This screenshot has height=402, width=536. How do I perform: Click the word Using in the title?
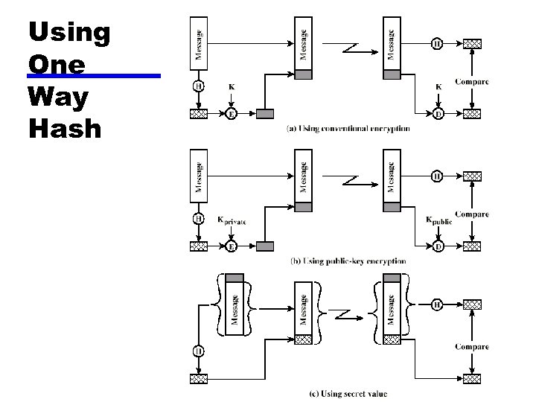[69, 33]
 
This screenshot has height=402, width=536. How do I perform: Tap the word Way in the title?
[58, 97]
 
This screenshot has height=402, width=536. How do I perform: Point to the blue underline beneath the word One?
[93, 76]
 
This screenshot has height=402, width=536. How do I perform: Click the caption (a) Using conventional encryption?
[348, 129]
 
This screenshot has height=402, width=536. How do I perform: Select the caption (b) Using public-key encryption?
[348, 261]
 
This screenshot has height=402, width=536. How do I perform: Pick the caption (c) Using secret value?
[348, 393]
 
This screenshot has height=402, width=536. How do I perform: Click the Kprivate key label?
[231, 221]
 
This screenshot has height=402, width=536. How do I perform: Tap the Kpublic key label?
[438, 220]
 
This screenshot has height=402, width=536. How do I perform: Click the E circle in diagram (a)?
[232, 114]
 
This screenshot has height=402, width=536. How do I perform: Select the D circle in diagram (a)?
[438, 114]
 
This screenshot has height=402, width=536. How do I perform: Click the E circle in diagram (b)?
[232, 246]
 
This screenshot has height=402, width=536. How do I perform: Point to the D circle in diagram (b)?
[438, 246]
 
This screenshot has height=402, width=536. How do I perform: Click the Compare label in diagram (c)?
[471, 347]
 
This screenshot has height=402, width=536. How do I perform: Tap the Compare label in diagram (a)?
[471, 82]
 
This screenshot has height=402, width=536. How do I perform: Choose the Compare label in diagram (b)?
[471, 214]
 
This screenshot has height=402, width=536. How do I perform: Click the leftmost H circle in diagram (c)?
[199, 351]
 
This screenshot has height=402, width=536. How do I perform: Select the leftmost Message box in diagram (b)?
[199, 171]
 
